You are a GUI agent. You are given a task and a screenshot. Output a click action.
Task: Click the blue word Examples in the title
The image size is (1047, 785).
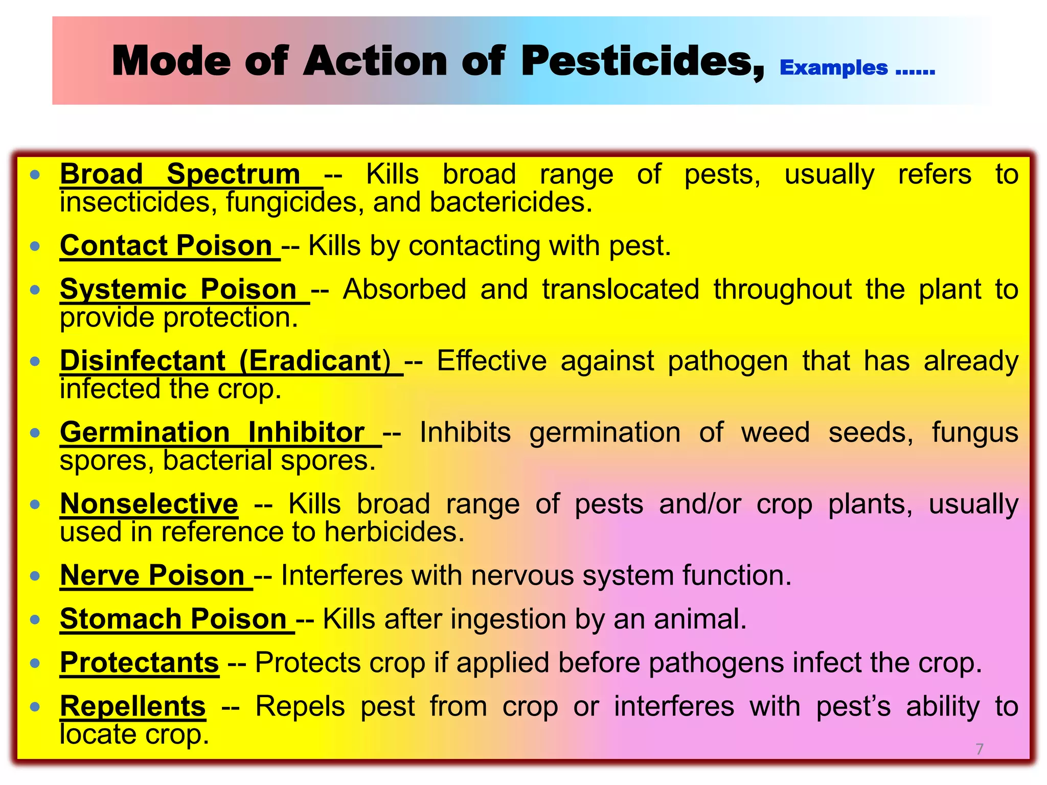pos(834,68)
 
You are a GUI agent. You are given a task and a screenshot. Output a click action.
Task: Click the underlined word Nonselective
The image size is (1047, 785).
pos(149,504)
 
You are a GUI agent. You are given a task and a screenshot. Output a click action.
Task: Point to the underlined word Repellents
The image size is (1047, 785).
pos(133,706)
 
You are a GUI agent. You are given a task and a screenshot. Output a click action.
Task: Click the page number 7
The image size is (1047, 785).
pos(979,749)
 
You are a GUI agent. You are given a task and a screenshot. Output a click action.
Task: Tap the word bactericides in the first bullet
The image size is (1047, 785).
pos(510,202)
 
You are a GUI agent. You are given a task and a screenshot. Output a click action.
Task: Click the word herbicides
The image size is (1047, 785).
pos(394,532)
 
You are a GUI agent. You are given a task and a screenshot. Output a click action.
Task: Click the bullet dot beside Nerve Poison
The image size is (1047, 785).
pos(35,576)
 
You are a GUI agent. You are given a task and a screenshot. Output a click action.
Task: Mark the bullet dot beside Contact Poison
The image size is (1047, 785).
pos(35,247)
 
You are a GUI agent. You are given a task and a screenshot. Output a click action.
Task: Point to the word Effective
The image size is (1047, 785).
pos(491,361)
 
